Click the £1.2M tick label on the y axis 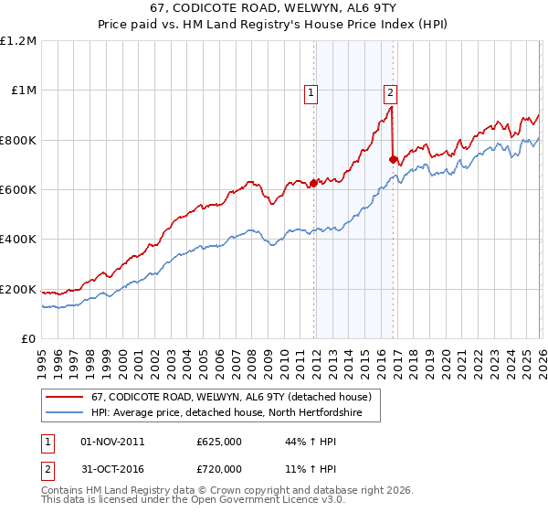coord(19,41)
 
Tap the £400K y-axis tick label coord(18,240)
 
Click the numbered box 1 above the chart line coord(311,91)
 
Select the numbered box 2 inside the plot coord(390,91)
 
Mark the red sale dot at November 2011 coord(312,183)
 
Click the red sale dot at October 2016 coord(393,159)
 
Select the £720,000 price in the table coord(218,468)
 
